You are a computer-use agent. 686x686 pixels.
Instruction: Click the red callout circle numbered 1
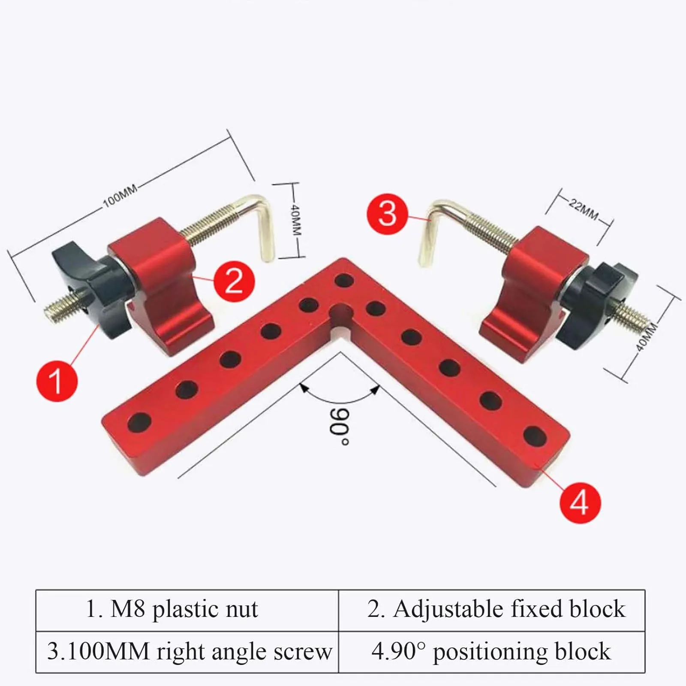(57, 381)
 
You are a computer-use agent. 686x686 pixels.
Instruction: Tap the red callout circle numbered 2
(234, 281)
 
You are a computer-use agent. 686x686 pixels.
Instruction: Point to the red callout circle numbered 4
(580, 502)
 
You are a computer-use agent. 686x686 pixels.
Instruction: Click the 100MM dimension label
(120, 196)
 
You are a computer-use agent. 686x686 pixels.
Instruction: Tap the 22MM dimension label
(583, 209)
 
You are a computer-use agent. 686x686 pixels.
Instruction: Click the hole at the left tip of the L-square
(140, 422)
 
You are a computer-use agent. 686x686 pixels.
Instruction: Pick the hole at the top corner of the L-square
(344, 282)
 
